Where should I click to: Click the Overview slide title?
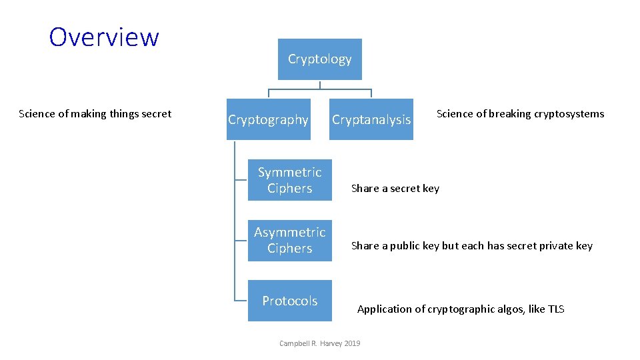click(104, 37)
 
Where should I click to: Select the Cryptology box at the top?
click(319, 59)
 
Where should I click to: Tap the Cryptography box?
click(268, 119)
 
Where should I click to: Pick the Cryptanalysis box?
click(371, 119)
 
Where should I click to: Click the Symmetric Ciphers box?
click(289, 180)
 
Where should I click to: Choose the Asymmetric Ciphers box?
click(289, 240)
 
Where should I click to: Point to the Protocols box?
click(289, 301)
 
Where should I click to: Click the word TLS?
click(555, 309)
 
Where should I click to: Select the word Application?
click(385, 309)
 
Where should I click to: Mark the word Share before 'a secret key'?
click(365, 189)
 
